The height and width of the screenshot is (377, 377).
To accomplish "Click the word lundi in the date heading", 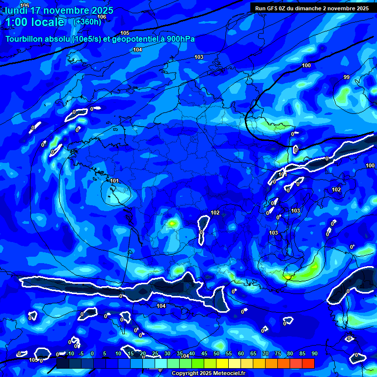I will (x=16, y=10).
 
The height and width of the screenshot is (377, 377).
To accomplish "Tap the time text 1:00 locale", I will (x=35, y=22).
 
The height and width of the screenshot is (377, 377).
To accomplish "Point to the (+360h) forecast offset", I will (x=87, y=22).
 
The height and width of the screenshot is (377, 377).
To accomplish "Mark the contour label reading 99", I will (x=347, y=77).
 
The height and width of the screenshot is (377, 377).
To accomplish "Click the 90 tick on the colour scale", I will (x=314, y=353).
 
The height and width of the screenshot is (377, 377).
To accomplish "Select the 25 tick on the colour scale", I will (x=155, y=353).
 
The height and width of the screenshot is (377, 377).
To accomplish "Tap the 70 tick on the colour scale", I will (x=266, y=353).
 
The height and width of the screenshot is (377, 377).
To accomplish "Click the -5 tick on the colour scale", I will (x=81, y=353).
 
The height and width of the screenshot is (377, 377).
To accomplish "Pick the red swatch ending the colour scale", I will (x=308, y=363).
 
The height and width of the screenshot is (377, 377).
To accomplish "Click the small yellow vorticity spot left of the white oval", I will (x=172, y=223).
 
